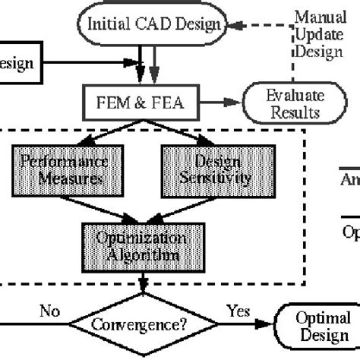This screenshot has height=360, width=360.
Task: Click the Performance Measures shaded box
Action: click(63, 169)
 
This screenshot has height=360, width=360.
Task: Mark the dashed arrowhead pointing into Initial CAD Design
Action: click(237, 24)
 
